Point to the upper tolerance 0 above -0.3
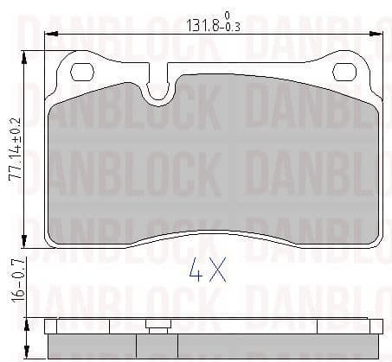coord(227,16)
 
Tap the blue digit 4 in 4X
coord(196,274)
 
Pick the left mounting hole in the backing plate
coord(82,73)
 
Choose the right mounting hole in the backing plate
coord(345,73)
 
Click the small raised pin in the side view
coord(157,326)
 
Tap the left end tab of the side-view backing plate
coord(50,327)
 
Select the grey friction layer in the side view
coord(216,346)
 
